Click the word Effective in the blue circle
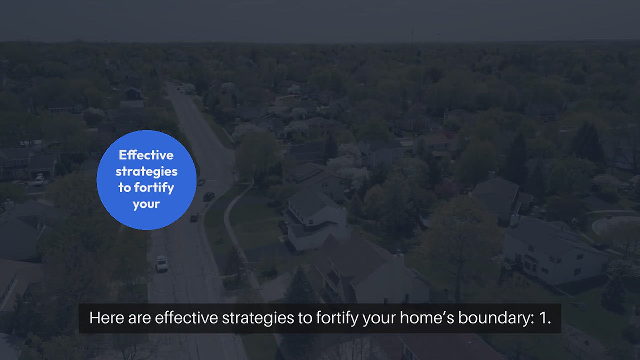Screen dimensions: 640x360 coord(146,155)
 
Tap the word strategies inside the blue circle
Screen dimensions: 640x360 coord(146,172)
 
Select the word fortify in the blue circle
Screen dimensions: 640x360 coord(154,188)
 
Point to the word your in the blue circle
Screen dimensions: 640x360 coord(146,204)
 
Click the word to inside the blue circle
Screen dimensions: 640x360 coord(125,187)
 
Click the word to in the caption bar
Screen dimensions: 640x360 coord(305,318)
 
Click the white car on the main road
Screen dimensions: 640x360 coord(162,264)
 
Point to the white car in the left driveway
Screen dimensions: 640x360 coord(39,180)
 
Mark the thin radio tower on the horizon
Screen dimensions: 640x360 coord(412,35)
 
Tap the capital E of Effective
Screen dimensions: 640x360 coord(123,155)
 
